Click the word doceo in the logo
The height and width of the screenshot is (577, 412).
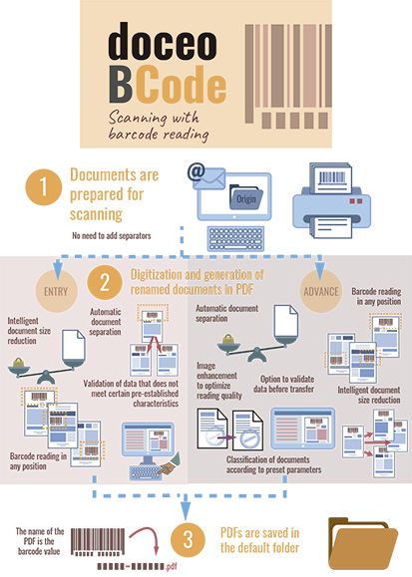click(163, 41)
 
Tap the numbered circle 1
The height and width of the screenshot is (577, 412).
click(44, 187)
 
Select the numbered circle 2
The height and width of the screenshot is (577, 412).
click(105, 283)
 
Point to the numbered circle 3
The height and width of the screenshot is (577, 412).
click(188, 540)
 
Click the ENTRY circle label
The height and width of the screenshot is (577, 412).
click(56, 291)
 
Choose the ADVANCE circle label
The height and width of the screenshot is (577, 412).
click(321, 291)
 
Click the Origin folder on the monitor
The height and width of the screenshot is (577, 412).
click(245, 197)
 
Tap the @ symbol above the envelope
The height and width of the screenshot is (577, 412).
click(197, 172)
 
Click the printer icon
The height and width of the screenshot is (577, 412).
click(331, 200)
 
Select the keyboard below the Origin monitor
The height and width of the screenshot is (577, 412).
click(235, 239)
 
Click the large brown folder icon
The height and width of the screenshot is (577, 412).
click(362, 543)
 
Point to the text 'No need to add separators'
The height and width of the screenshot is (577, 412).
click(112, 235)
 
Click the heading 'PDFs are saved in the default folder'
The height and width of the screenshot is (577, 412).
click(259, 540)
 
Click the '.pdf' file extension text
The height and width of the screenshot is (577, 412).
click(172, 566)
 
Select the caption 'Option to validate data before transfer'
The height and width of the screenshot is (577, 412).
click(283, 384)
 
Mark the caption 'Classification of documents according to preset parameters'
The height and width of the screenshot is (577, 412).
click(273, 464)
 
